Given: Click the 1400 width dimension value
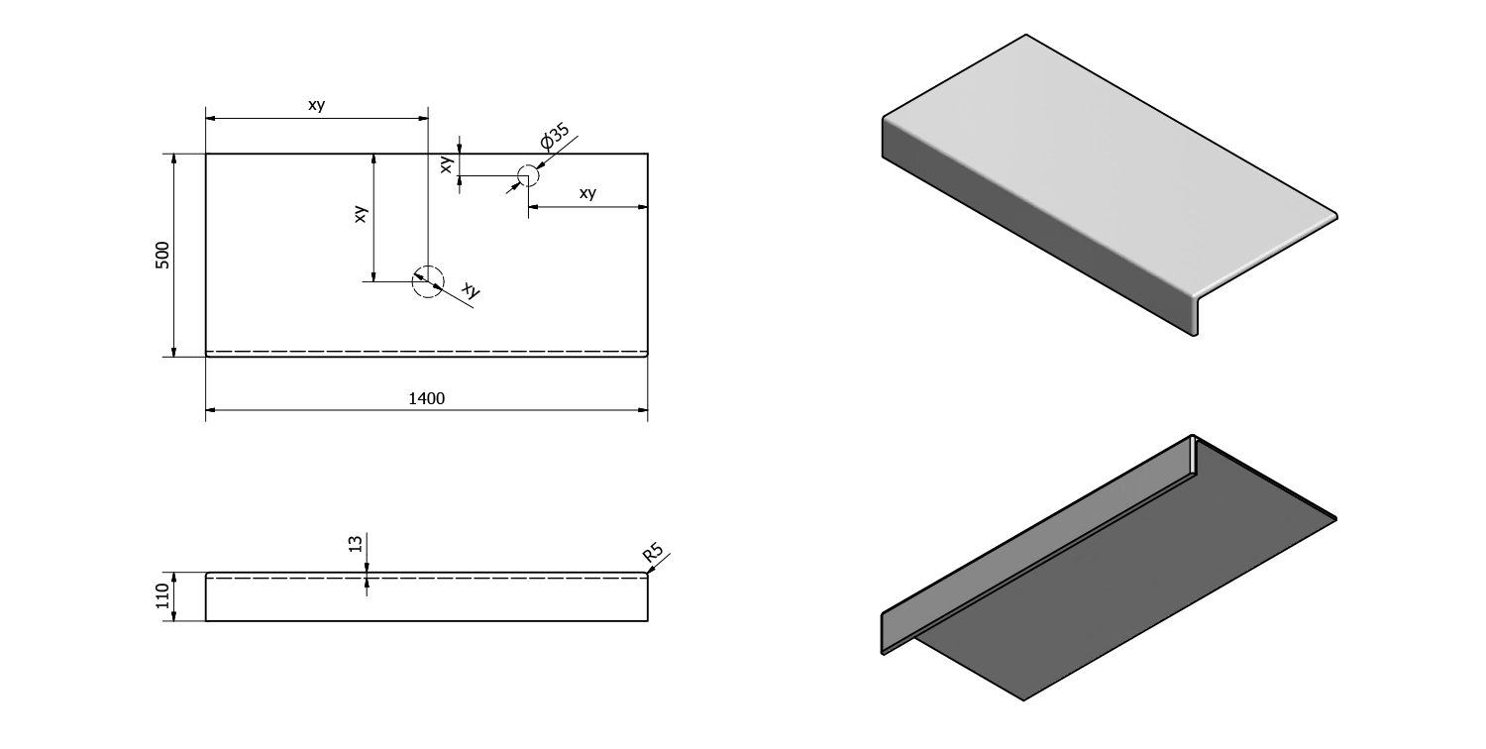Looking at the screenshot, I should [x=427, y=398].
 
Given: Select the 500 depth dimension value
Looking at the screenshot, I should [x=163, y=255].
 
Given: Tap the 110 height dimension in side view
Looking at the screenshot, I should [x=163, y=596].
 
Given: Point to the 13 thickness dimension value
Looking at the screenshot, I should [x=356, y=543].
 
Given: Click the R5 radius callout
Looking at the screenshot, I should [x=654, y=552].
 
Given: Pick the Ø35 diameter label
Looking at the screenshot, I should [x=554, y=137].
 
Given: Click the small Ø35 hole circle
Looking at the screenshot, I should [x=527, y=176].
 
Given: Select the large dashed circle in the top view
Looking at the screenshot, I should [x=428, y=281].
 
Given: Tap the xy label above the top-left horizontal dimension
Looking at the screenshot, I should [x=316, y=105].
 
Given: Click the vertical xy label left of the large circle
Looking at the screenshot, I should [x=362, y=213].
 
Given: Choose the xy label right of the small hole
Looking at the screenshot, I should [x=587, y=193].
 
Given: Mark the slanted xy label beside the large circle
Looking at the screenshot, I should [x=472, y=290].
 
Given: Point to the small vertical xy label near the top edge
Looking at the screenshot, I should [x=447, y=164].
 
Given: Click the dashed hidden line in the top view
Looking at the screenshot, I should [x=426, y=352].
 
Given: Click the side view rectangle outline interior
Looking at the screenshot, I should [x=426, y=600].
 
